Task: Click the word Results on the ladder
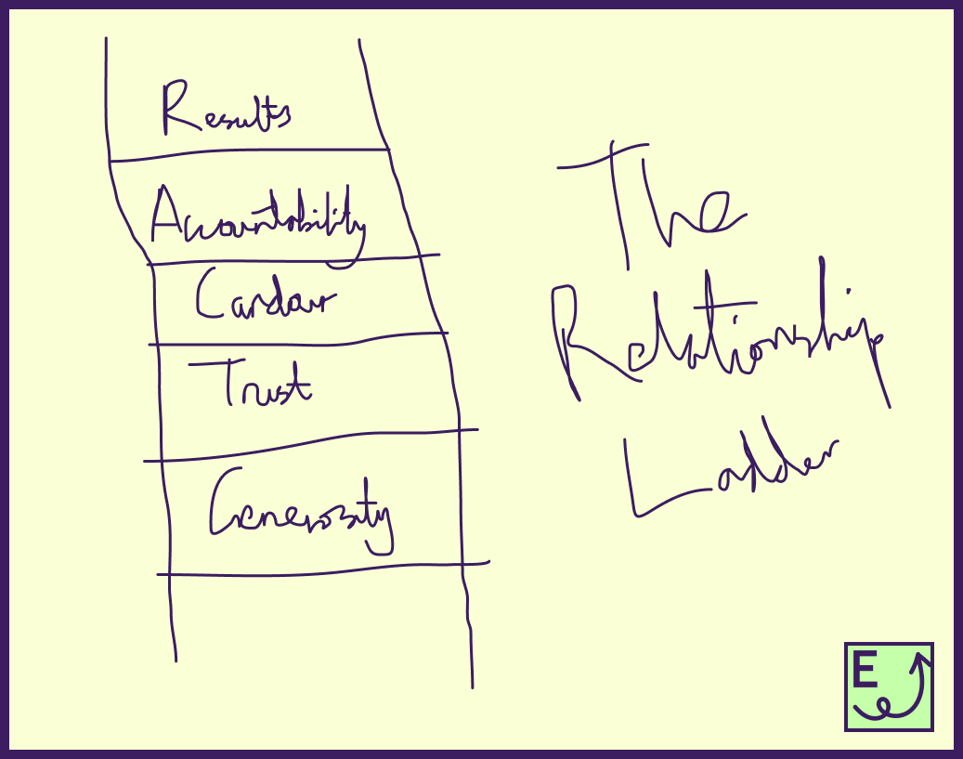(226, 111)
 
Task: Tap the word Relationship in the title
(720, 339)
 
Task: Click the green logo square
(889, 686)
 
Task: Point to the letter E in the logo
(865, 671)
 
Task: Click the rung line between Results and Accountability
(249, 154)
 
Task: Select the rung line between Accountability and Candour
(293, 259)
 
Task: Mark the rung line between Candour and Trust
(297, 339)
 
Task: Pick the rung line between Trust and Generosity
(311, 445)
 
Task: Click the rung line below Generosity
(322, 569)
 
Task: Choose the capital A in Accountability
(168, 216)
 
